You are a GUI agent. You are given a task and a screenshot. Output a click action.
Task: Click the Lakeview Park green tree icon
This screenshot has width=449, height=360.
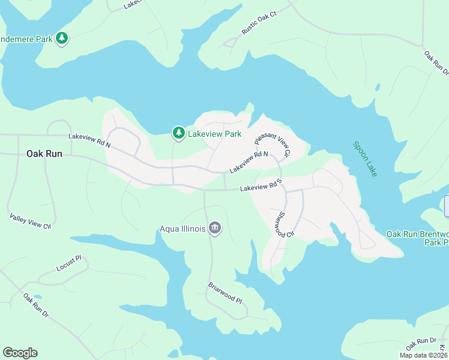(178, 133)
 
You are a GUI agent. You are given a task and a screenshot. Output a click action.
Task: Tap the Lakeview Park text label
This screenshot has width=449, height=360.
(215, 134)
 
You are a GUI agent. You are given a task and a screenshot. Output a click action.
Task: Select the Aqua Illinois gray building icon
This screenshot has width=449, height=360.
(215, 228)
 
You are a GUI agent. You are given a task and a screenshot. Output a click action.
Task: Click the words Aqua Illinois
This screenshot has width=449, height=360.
(182, 229)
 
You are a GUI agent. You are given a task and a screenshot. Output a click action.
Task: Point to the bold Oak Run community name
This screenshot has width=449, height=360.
(44, 154)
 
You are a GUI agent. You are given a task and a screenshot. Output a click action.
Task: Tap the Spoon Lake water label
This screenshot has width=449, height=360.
(365, 159)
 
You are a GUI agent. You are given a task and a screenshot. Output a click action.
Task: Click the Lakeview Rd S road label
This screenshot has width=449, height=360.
(261, 188)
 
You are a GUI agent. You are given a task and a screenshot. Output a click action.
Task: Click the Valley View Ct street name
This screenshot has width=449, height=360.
(30, 220)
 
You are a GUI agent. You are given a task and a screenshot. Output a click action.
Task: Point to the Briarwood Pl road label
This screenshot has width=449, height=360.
(224, 293)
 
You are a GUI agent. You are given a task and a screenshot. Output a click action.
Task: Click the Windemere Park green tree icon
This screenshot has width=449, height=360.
(61, 39)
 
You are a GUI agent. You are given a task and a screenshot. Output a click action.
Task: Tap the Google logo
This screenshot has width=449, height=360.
(20, 353)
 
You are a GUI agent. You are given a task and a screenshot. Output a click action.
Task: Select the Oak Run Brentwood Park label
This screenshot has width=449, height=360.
(417, 238)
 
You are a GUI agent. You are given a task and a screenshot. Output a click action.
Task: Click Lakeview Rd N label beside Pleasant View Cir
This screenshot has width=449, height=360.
(248, 162)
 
